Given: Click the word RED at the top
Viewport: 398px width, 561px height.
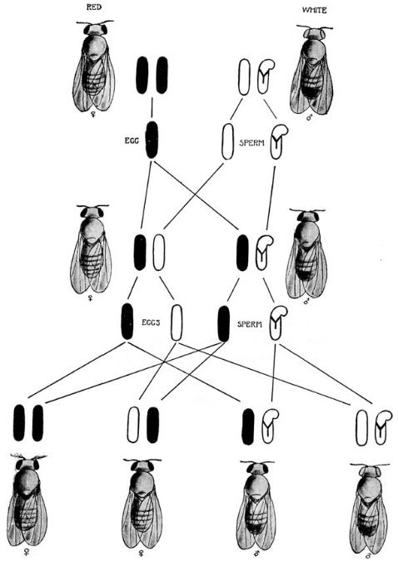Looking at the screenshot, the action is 94,7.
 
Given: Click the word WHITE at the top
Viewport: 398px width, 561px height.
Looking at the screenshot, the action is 315,10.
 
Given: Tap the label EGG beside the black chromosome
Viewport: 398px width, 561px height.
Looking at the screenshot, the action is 132,140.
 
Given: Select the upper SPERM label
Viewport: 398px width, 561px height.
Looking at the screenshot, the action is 251,143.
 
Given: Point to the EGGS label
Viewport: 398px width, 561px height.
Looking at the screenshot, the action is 152,322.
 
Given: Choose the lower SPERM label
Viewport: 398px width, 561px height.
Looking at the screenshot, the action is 250,324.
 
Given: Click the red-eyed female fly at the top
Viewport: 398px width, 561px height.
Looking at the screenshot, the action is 94,66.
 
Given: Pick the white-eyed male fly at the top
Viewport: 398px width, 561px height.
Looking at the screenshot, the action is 312,70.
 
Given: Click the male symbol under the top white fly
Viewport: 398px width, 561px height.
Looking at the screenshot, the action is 309,119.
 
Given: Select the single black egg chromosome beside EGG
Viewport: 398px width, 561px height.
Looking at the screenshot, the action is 152,140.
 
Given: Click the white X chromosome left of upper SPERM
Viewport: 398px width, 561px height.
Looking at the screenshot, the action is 228,141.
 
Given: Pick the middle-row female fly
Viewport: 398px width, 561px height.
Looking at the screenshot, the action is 91,249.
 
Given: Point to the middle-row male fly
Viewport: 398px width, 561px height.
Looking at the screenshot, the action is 307,253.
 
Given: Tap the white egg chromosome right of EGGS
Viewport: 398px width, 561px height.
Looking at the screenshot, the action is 177,322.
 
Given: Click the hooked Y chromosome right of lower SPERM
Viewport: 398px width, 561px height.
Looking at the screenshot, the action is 278,323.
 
